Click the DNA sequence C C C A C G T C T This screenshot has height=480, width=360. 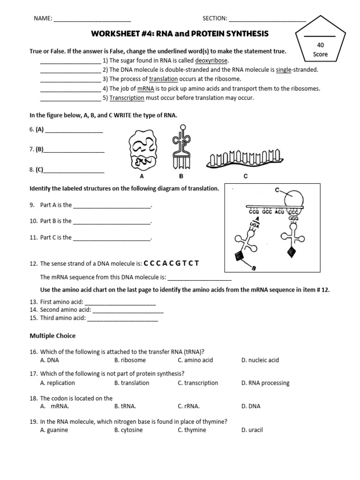coord(172,263)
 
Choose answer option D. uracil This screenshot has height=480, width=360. coord(252,430)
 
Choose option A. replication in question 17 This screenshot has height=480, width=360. coord(55,383)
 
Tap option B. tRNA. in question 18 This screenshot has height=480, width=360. coord(125,406)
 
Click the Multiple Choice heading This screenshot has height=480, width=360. coord(52,336)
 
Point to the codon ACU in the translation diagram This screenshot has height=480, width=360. coord(279,211)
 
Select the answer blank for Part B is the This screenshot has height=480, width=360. coord(112,221)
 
